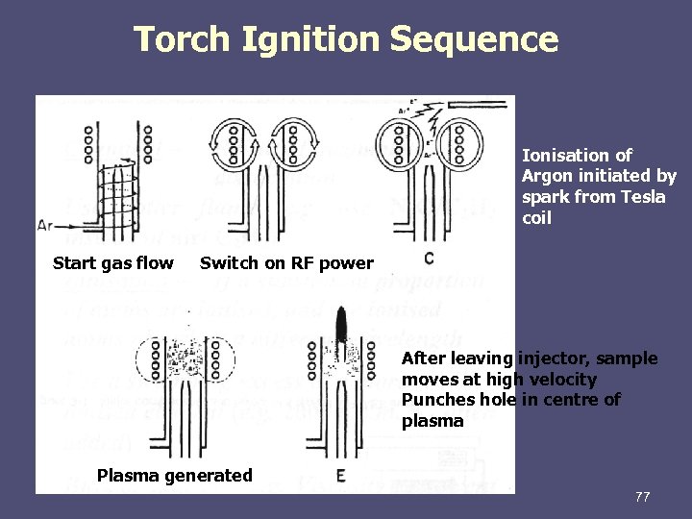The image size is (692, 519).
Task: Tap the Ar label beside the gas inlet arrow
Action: pyautogui.click(x=44, y=225)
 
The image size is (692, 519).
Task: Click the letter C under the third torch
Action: pyautogui.click(x=428, y=259)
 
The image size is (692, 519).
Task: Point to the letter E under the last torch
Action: pyautogui.click(x=340, y=475)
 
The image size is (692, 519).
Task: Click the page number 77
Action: pyautogui.click(x=642, y=497)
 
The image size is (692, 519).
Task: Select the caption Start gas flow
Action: pyautogui.click(x=113, y=263)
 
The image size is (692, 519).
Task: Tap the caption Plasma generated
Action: pyautogui.click(x=175, y=475)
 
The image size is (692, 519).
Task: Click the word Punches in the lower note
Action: pyautogui.click(x=435, y=400)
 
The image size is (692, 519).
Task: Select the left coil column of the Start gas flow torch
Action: pyautogui.click(x=87, y=143)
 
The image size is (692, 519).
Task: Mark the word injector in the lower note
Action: pyautogui.click(x=552, y=358)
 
